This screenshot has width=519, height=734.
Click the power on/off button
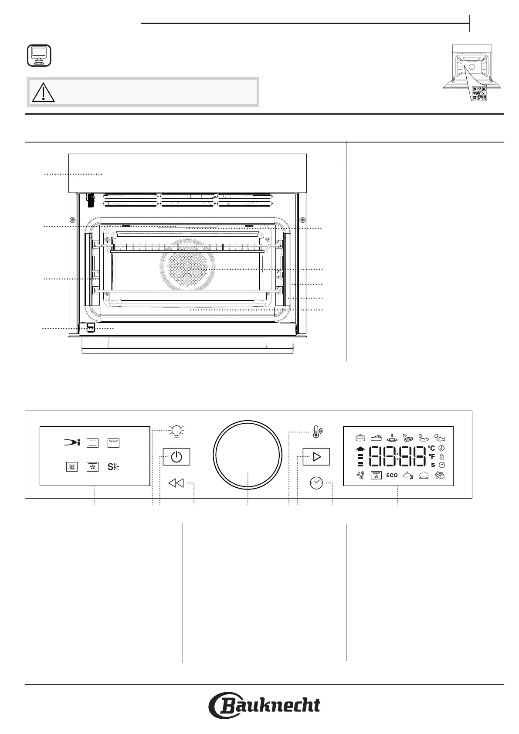click(x=176, y=457)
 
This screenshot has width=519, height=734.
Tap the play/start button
click(x=316, y=457)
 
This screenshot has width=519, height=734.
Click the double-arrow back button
click(x=176, y=483)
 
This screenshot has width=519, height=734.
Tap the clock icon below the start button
click(x=316, y=483)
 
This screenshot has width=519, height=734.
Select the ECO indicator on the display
click(x=392, y=476)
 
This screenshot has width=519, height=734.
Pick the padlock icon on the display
click(x=442, y=456)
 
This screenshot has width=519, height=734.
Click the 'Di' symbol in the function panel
click(x=72, y=443)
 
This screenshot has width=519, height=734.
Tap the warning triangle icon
click(x=43, y=92)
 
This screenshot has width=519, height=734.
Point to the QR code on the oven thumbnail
click(x=478, y=92)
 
